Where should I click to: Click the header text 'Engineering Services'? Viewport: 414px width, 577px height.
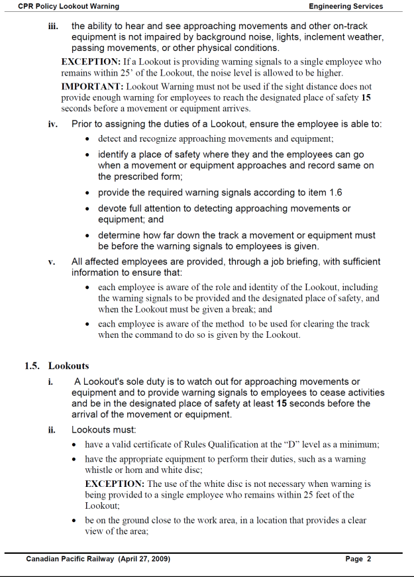[345, 6]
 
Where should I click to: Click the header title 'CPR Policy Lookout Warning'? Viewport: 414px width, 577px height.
[68, 6]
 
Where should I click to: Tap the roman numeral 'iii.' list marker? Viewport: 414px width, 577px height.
[54, 26]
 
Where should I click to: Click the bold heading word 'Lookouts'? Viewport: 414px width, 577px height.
[68, 366]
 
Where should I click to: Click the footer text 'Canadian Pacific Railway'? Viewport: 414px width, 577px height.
[71, 559]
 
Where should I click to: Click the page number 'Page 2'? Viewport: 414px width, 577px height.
[358, 559]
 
